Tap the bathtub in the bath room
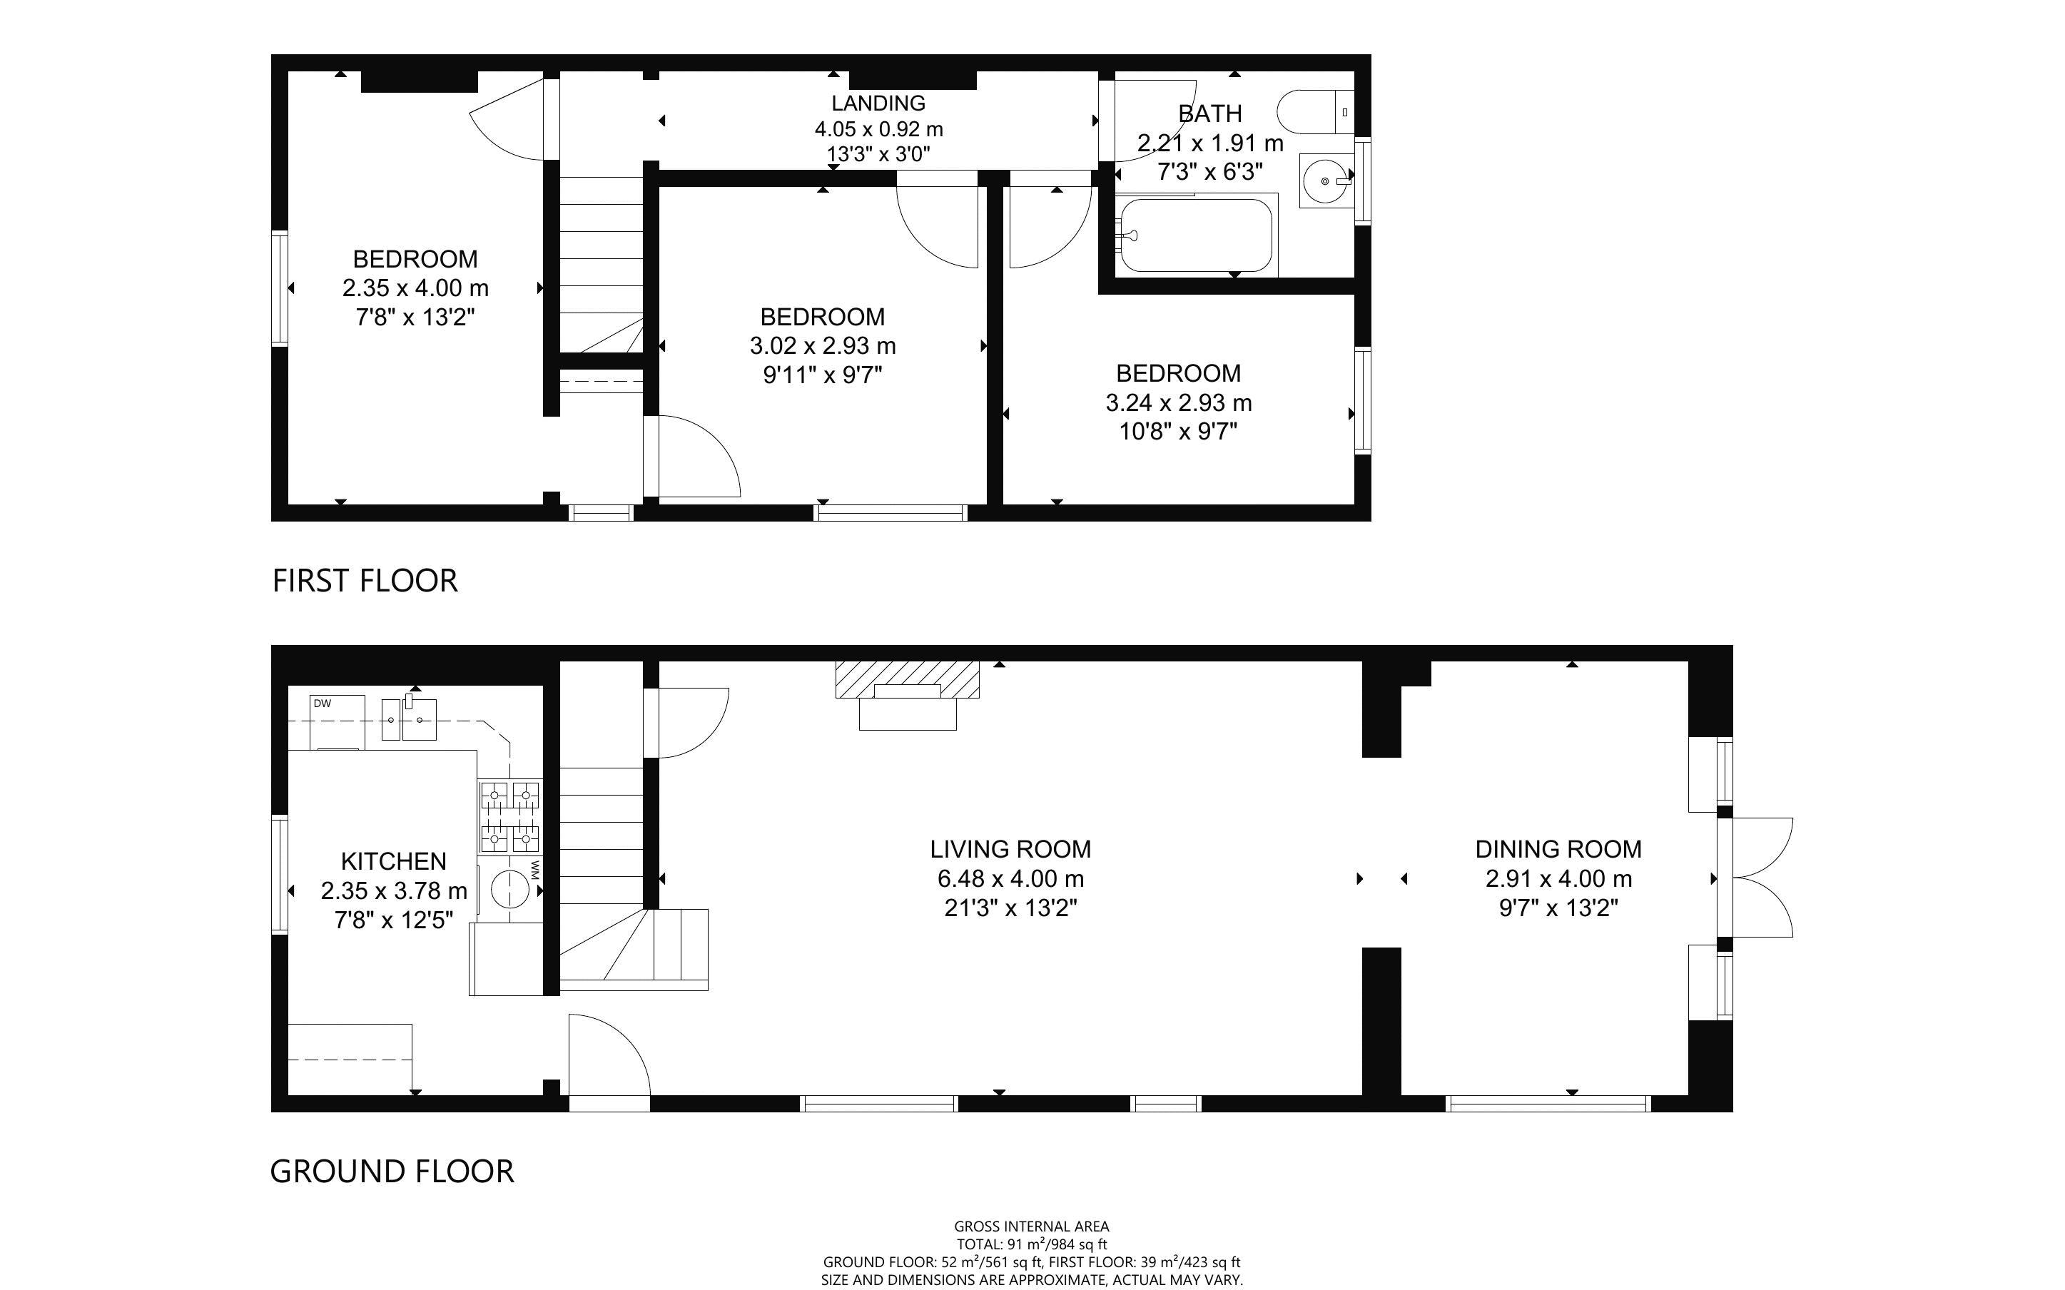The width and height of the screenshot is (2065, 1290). tap(1196, 235)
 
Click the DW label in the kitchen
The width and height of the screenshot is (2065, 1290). tap(322, 704)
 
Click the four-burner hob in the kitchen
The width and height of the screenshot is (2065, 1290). tap(510, 818)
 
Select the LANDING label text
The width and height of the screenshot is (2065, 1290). tap(878, 103)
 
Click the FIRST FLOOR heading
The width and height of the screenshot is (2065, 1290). tap(365, 581)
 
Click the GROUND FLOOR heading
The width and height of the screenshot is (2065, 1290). tap(392, 1172)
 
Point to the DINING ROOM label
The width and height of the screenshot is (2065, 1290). tap(1558, 849)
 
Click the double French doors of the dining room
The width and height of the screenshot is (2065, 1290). tap(1759, 878)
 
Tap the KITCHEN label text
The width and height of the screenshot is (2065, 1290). tap(393, 861)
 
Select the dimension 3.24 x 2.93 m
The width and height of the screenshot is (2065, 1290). tap(1178, 402)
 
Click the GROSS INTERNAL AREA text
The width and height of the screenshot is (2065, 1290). tap(1031, 1227)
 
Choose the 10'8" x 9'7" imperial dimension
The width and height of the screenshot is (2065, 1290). tap(1178, 432)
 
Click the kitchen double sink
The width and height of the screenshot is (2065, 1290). tap(410, 719)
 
